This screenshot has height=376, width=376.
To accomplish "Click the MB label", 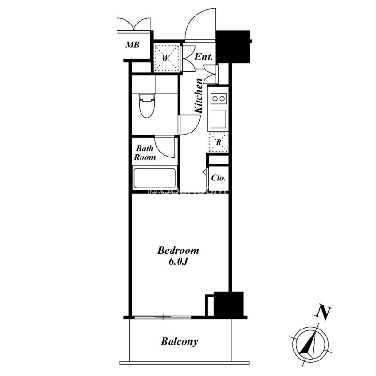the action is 133,45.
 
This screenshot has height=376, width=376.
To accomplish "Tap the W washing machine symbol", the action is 166,57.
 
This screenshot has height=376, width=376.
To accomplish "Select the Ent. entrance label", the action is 204,57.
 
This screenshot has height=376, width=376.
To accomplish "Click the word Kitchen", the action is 198,96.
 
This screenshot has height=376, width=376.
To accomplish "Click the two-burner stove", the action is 219,98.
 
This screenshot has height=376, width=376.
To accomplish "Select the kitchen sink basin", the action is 218,119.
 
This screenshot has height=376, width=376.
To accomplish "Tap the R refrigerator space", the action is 219,142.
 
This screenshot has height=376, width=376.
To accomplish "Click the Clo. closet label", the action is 219,178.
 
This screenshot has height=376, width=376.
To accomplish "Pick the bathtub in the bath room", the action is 155,178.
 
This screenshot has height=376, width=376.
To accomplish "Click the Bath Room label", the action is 145,153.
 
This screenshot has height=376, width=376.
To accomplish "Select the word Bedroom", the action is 178,251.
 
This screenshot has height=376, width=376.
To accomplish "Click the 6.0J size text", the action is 178,262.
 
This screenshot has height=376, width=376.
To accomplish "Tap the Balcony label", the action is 180,341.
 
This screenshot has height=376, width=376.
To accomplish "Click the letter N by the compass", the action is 323,313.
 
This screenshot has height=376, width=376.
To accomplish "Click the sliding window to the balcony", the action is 163,318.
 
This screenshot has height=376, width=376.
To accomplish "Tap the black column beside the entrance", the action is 233,47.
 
